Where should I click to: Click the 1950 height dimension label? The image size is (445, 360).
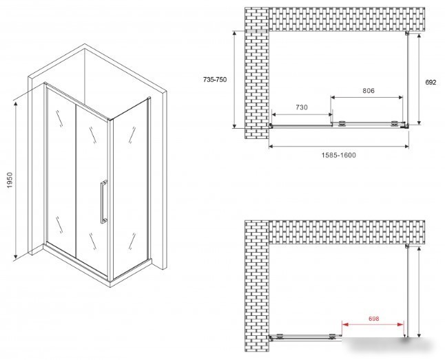click(10, 180)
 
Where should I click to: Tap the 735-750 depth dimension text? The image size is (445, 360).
click(215, 80)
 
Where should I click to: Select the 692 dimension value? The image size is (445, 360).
click(431, 83)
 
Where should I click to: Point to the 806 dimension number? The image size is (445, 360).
click(369, 90)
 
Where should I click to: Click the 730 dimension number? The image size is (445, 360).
click(302, 107)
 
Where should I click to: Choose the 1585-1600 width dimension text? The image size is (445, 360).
click(338, 155)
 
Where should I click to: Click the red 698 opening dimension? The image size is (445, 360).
click(374, 319)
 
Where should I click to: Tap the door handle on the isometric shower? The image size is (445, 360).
click(103, 202)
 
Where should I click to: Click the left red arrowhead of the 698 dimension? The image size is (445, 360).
click(344, 324)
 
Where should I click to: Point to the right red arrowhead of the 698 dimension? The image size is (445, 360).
click(401, 324)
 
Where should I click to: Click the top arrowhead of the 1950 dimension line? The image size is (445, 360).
click(16, 104)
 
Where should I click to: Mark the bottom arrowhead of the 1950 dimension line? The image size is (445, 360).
click(16, 257)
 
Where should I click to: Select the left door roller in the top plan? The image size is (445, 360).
click(342, 123)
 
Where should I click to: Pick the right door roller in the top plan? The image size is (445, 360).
click(395, 123)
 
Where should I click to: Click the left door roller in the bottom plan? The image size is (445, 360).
click(280, 336)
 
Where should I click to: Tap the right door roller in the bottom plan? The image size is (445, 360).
click(332, 336)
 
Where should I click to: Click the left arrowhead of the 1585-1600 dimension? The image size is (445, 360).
click(271, 147)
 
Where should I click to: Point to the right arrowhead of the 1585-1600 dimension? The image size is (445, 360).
click(406, 147)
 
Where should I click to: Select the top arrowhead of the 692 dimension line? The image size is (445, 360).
click(419, 36)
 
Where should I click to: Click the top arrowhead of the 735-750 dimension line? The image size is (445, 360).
click(234, 34)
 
